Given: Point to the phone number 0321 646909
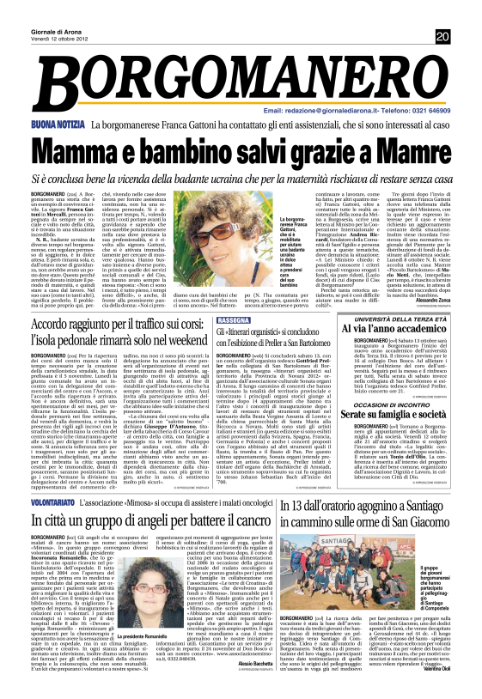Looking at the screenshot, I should (427, 112).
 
